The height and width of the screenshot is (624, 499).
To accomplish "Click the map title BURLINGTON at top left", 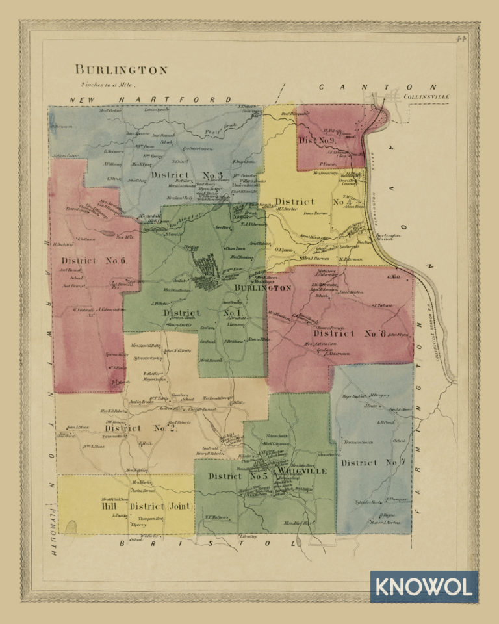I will click(121, 70).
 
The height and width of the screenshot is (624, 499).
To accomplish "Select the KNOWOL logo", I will click(424, 587).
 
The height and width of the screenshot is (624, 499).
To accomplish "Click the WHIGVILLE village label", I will click(300, 470).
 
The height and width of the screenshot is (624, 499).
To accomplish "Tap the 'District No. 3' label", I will click(186, 175).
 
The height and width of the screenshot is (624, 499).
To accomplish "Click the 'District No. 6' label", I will click(94, 261).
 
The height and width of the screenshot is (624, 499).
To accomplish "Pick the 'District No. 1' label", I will click(198, 313).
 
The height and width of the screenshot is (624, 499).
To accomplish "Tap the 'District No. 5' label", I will click(238, 476).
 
